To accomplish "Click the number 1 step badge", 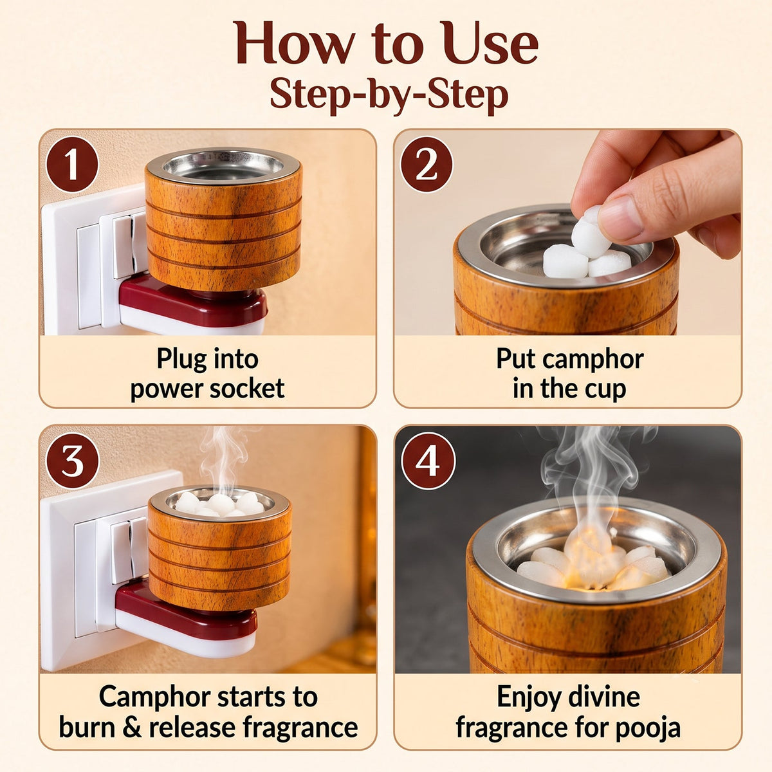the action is pyautogui.click(x=72, y=165).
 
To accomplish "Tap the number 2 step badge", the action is pyautogui.click(x=427, y=165).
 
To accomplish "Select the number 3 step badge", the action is pyautogui.click(x=72, y=461).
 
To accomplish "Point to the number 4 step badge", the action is pyautogui.click(x=428, y=461).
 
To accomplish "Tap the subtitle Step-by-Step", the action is pyautogui.click(x=389, y=95).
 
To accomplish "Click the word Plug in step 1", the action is pyautogui.click(x=180, y=360).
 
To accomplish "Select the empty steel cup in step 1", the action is pyautogui.click(x=223, y=165).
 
